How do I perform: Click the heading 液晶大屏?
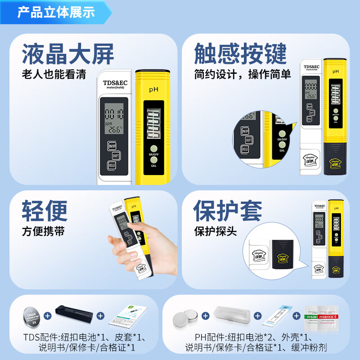(68, 54)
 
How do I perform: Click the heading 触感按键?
(240, 54)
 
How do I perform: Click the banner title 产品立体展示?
(56, 12)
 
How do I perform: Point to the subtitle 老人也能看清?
(54, 74)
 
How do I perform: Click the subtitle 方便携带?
(43, 231)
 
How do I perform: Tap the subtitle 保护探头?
(215, 231)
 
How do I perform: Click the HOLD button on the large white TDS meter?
(112, 166)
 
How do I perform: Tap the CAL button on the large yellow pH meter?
(154, 160)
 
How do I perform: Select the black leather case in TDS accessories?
(74, 313)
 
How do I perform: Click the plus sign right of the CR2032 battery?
(48, 315)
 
